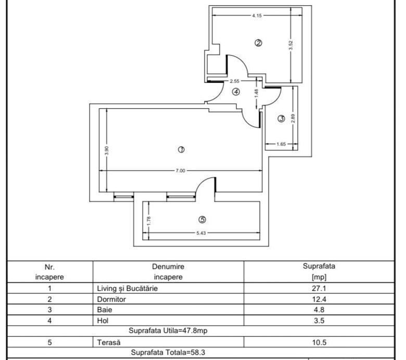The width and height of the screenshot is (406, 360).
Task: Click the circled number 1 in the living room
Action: (181, 150)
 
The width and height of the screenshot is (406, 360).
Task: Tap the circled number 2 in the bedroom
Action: (258, 43)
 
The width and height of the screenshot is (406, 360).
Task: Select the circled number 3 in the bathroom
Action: (281, 119)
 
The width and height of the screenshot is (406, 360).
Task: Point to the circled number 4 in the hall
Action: (236, 92)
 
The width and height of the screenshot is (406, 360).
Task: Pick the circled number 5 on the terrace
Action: (202, 220)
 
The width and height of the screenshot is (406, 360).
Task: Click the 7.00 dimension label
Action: (181, 171)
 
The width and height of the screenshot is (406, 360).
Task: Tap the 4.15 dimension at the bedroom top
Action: (257, 16)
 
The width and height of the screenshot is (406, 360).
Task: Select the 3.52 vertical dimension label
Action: (291, 46)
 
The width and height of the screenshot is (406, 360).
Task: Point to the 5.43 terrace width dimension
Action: (201, 233)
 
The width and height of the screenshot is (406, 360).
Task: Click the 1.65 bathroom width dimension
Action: (281, 144)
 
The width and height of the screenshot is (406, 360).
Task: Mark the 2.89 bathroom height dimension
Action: (293, 119)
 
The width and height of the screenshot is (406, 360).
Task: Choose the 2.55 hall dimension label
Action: (235, 81)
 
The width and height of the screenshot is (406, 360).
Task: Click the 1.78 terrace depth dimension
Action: (149, 221)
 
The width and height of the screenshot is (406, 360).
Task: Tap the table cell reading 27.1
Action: (319, 288)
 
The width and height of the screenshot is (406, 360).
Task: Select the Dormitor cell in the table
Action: (111, 300)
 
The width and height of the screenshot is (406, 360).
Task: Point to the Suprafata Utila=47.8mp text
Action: (168, 331)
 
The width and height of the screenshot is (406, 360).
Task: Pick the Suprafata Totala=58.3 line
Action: (168, 353)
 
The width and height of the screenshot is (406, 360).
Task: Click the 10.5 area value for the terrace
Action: (319, 343)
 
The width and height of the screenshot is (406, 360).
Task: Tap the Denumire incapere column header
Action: (168, 272)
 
